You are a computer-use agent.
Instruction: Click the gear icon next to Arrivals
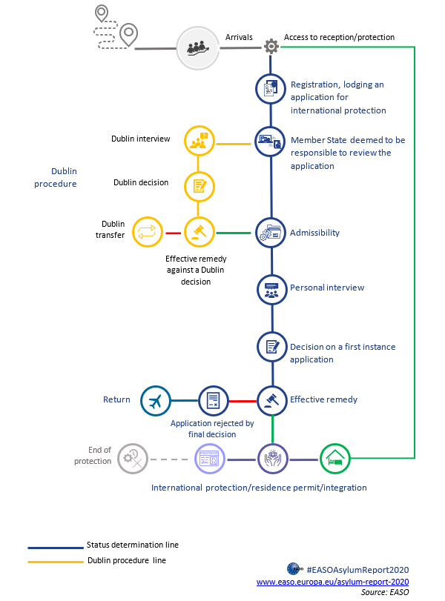271,47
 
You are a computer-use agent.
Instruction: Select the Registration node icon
271,89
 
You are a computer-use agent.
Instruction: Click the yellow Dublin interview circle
199,141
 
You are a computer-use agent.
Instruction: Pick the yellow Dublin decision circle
199,185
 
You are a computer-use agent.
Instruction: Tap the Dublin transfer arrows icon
147,232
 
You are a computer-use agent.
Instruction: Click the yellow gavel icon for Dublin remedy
199,232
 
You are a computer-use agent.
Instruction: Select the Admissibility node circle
271,233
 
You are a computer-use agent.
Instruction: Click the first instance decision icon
271,347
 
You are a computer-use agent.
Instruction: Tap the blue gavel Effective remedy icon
271,401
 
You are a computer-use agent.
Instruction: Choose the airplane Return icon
156,401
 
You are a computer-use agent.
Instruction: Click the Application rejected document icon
214,401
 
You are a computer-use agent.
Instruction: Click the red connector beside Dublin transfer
173,233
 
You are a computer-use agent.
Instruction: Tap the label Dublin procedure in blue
56,177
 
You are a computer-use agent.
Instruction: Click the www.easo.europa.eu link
332,582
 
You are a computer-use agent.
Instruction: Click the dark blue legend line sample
53,547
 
